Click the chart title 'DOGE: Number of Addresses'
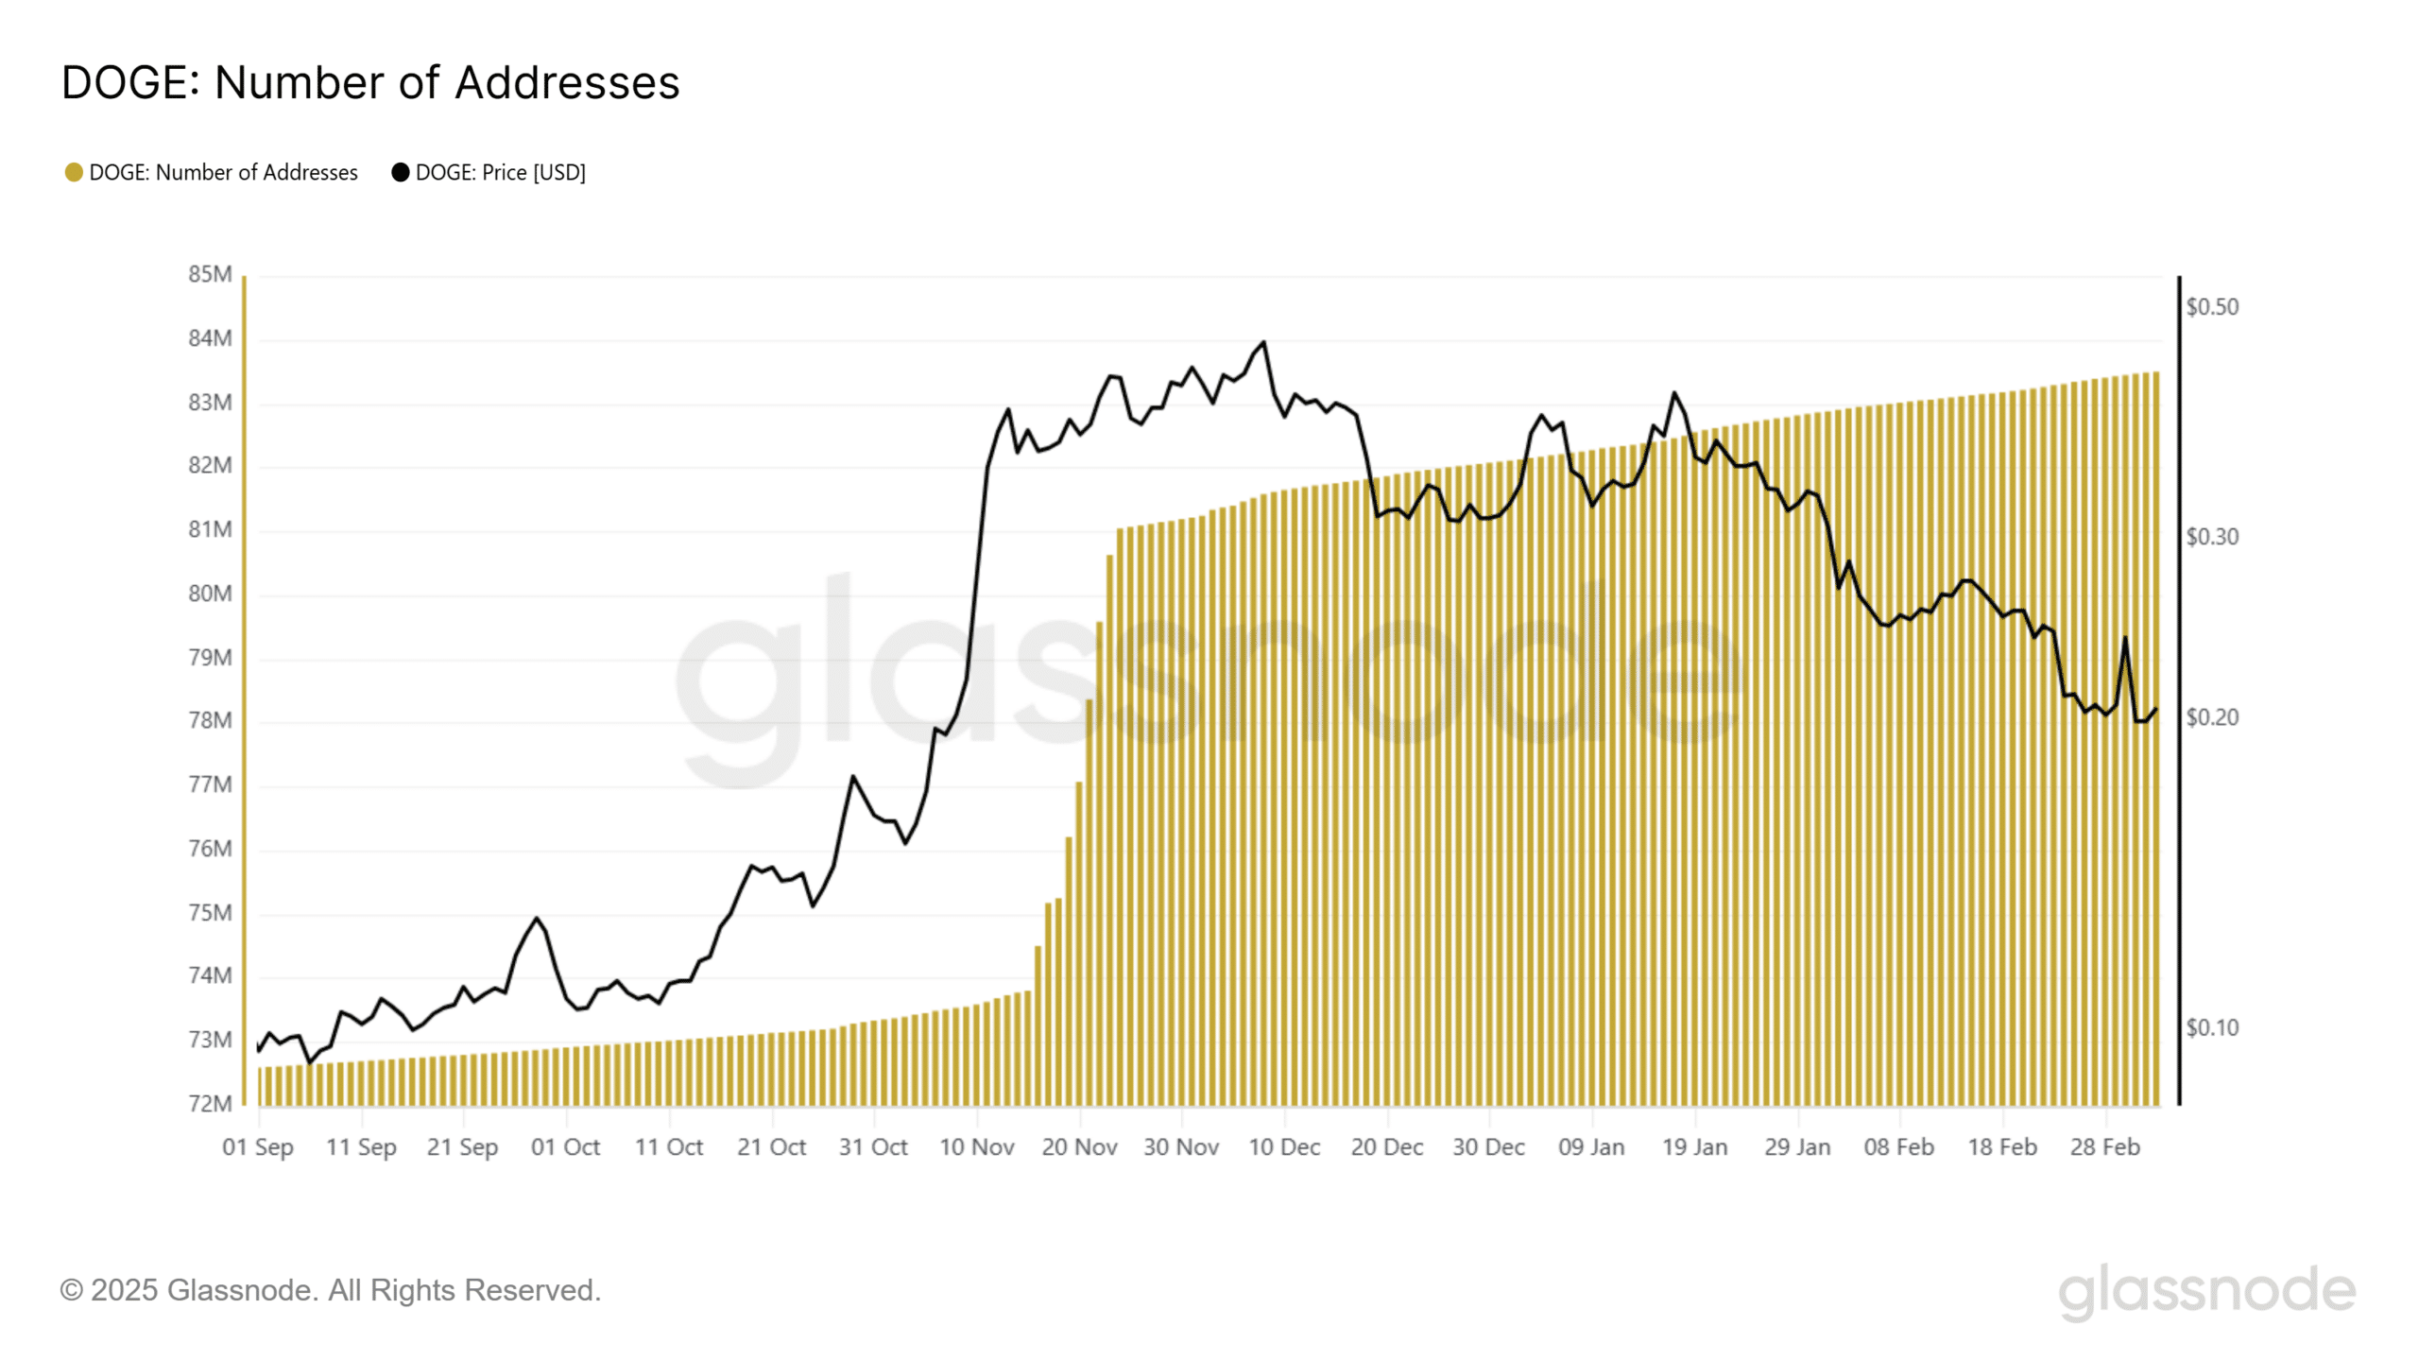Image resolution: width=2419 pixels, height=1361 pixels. point(370,82)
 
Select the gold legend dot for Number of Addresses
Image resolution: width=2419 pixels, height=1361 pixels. point(74,172)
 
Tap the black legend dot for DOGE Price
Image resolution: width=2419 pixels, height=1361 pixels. point(401,172)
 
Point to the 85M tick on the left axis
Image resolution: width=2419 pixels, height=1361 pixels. point(210,274)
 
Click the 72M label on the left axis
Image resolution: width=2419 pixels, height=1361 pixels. point(210,1103)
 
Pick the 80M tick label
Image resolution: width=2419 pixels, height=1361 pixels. point(210,594)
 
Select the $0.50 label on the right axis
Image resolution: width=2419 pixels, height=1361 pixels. point(2212,307)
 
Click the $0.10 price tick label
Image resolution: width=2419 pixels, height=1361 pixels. point(2212,1027)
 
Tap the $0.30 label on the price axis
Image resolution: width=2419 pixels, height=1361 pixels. point(2212,537)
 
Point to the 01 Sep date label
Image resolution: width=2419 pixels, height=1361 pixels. point(258,1147)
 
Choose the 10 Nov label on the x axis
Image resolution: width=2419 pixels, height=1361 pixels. point(977,1147)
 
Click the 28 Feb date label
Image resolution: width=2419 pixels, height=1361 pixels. point(2105,1147)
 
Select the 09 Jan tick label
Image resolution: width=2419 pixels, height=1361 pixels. point(1591,1147)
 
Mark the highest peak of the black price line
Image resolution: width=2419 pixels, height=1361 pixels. point(1264,342)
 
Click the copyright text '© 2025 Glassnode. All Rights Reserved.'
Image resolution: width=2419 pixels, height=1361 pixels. point(331,1290)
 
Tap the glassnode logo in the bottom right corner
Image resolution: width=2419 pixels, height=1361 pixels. point(2207,1290)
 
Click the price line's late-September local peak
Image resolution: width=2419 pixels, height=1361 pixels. point(537,918)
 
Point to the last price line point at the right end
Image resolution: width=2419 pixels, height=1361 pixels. point(2156,709)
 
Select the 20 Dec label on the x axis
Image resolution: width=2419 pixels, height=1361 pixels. point(1387,1147)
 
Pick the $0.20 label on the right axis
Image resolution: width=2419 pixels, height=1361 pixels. point(2212,717)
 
